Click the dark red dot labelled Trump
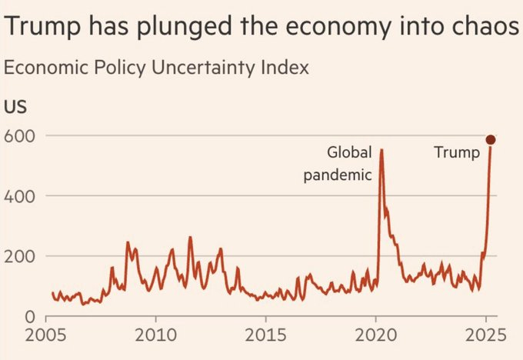491,139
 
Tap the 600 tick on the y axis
22,135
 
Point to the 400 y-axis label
22,195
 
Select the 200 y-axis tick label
22,255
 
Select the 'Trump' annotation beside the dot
456,152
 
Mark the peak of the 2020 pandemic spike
381,150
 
